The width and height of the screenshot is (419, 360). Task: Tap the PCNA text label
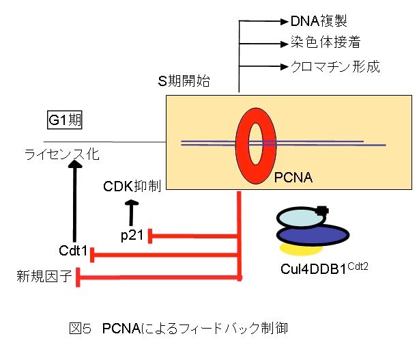(x=294, y=179)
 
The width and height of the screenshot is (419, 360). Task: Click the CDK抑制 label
(x=132, y=186)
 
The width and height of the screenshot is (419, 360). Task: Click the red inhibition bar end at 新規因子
(x=78, y=277)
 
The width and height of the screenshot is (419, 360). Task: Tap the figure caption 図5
(x=76, y=329)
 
